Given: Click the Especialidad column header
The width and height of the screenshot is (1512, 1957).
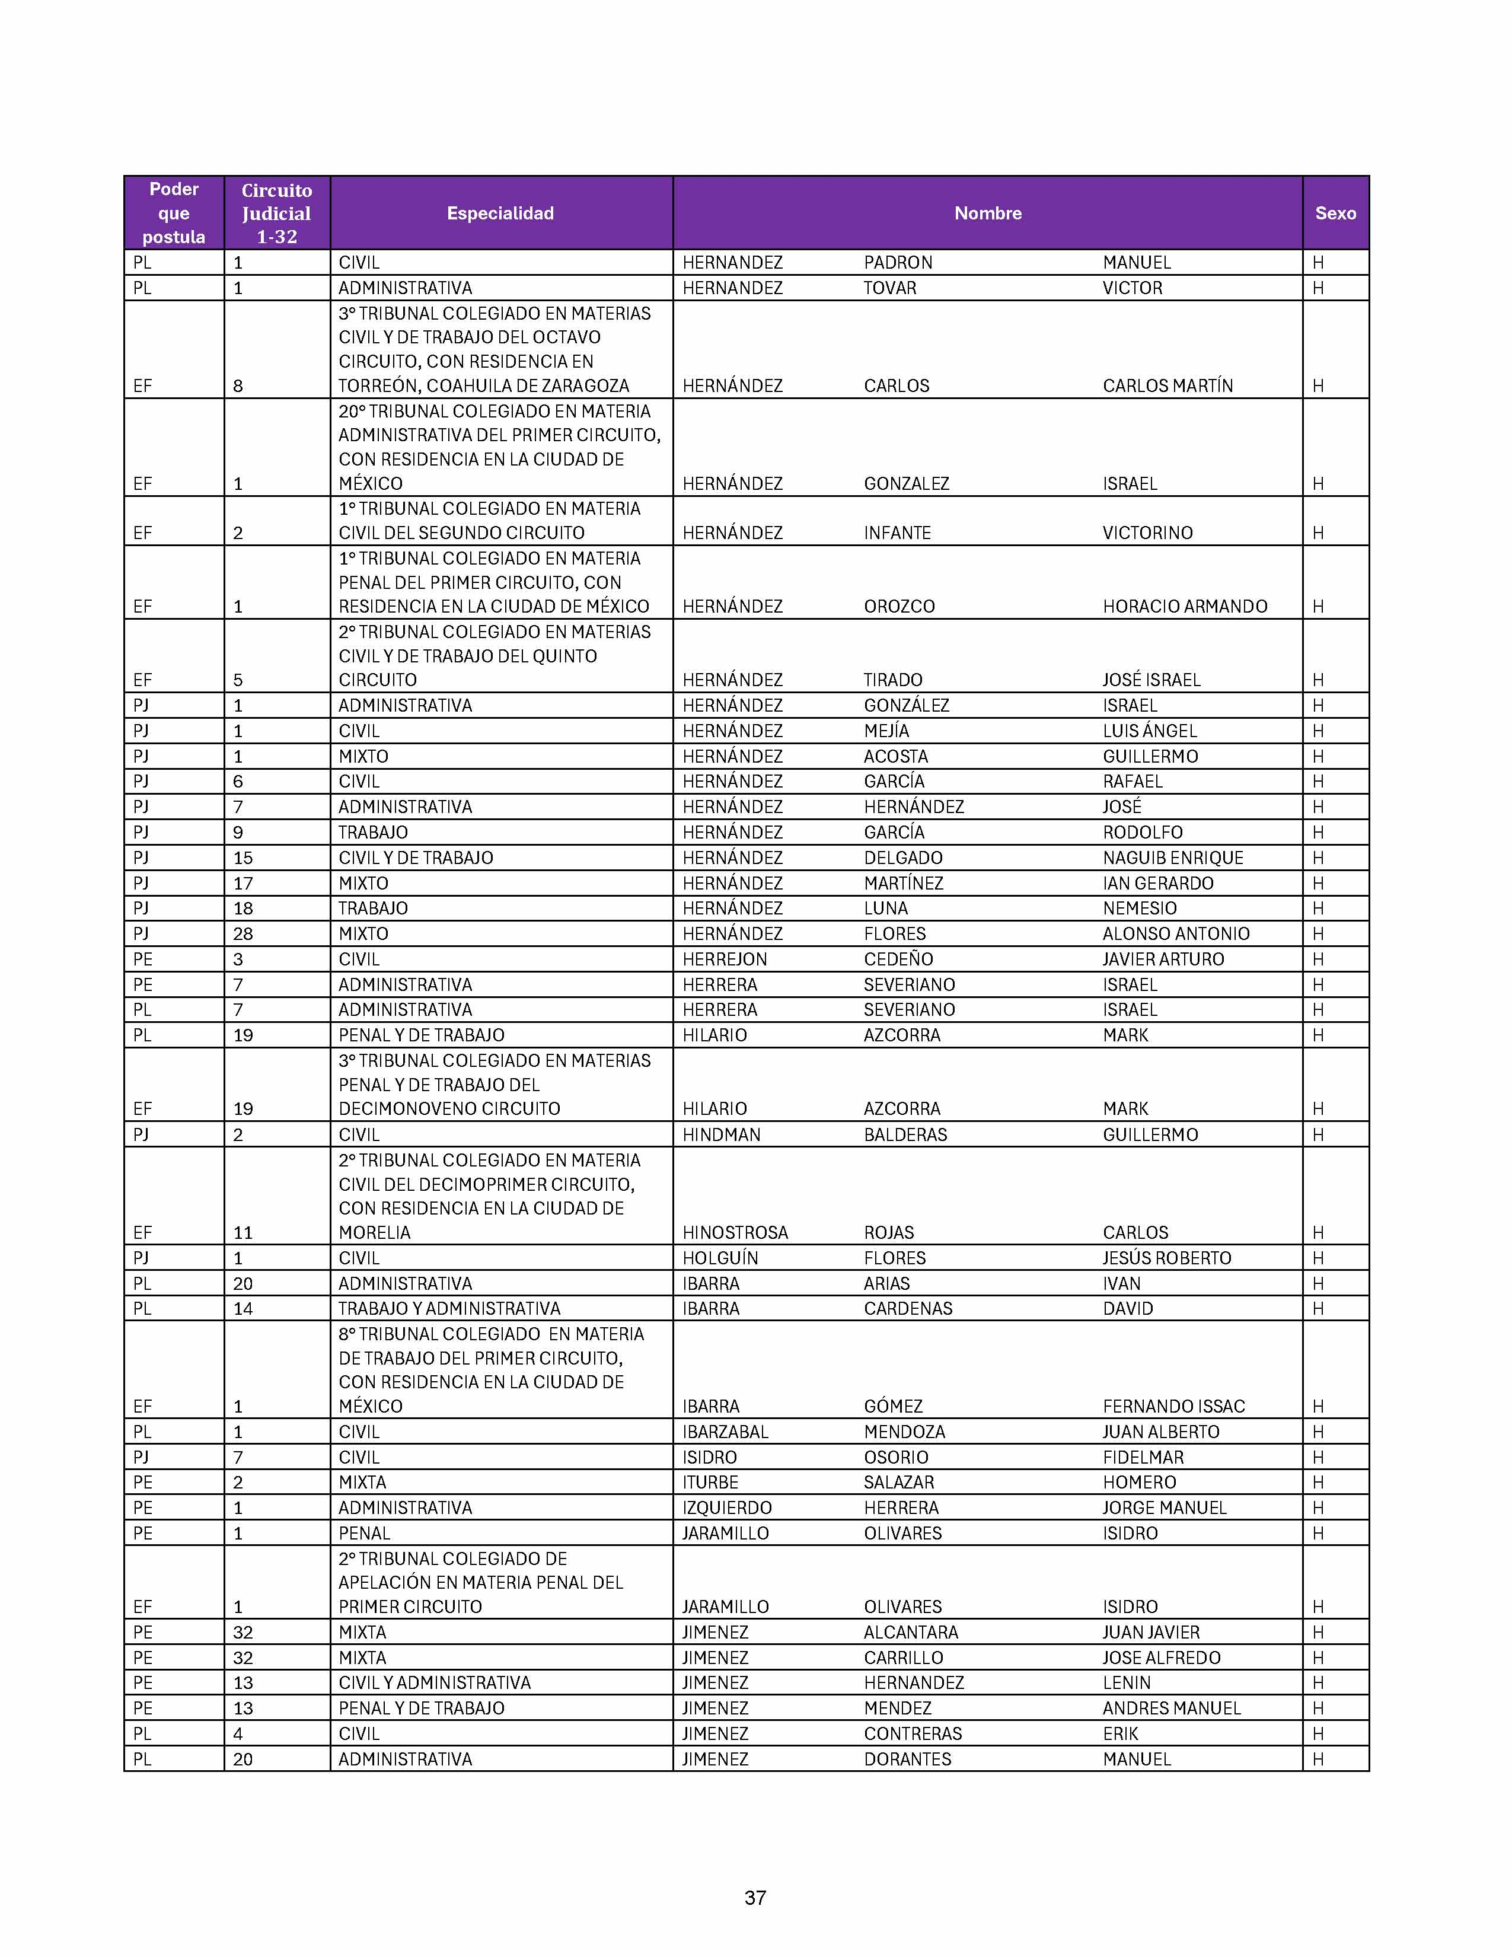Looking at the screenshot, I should pos(500,213).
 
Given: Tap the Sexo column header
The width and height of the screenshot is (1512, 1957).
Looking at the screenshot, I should pos(1335,213).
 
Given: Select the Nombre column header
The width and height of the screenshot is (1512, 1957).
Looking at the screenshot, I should pos(987,213).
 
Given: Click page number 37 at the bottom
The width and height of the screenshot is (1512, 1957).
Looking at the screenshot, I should pos(755,1897).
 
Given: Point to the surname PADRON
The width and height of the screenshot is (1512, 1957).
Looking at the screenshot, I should pos(898,263).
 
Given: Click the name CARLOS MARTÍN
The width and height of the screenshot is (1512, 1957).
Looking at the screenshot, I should pos(1167,386).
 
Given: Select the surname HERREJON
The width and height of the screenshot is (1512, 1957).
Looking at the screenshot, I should pos(725,959).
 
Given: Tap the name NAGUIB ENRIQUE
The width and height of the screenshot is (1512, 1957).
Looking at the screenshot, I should pos(1172,858).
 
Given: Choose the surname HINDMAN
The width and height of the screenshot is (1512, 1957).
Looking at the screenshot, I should pos(721,1134).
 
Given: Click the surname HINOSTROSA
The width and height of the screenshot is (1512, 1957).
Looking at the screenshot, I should pos(735,1233).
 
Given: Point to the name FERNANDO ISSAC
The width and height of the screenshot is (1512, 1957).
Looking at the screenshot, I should pos(1173,1407).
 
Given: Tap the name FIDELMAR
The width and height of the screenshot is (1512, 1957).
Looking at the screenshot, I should pos(1143,1458).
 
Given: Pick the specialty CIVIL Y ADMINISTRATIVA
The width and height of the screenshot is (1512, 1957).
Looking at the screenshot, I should pos(435,1683).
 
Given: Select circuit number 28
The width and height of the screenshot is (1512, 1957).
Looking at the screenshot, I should pos(243,933).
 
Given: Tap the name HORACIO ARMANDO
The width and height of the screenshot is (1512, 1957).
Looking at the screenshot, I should pos(1184,607).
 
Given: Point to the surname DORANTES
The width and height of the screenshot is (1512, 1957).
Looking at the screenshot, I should pos(907,1759).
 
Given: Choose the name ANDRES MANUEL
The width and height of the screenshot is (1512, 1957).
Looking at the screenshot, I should pos(1170,1708).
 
